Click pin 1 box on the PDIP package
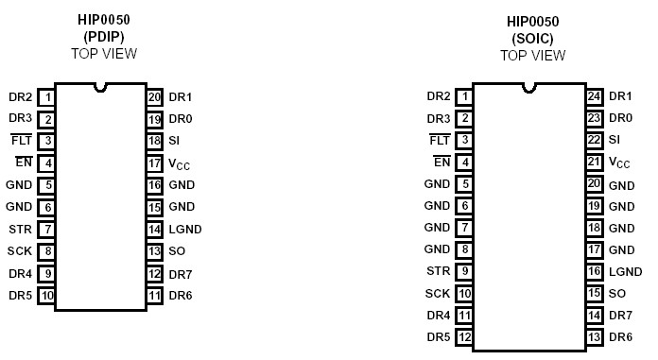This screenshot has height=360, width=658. pyautogui.click(x=46, y=97)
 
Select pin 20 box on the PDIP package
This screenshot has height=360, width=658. pyautogui.click(x=155, y=97)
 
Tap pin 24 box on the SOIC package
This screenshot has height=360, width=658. pyautogui.click(x=594, y=96)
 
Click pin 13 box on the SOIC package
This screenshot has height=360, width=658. pyautogui.click(x=594, y=337)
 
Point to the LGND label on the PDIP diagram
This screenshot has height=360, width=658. pyautogui.click(x=185, y=229)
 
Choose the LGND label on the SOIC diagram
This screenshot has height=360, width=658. pyautogui.click(x=625, y=271)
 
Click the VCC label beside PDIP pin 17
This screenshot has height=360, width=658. pyautogui.click(x=180, y=163)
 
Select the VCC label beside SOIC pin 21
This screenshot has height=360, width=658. pyautogui.click(x=619, y=163)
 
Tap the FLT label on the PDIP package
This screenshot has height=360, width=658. pyautogui.click(x=21, y=141)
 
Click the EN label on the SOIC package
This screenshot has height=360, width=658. pyautogui.click(x=441, y=162)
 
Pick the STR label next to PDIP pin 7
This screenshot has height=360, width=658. pyautogui.click(x=20, y=229)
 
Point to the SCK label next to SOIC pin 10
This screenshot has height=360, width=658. pyautogui.click(x=438, y=294)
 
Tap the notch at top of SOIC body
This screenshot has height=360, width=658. pyautogui.click(x=528, y=89)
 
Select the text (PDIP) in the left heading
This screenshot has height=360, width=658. pyautogui.click(x=103, y=37)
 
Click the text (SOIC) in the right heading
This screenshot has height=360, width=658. pyautogui.click(x=532, y=37)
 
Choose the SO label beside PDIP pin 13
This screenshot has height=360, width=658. pyautogui.click(x=177, y=251)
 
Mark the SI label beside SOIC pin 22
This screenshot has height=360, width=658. pyautogui.click(x=615, y=140)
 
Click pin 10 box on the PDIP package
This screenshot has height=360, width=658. pyautogui.click(x=46, y=296)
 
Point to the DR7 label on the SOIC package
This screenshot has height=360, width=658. pyautogui.click(x=621, y=316)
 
